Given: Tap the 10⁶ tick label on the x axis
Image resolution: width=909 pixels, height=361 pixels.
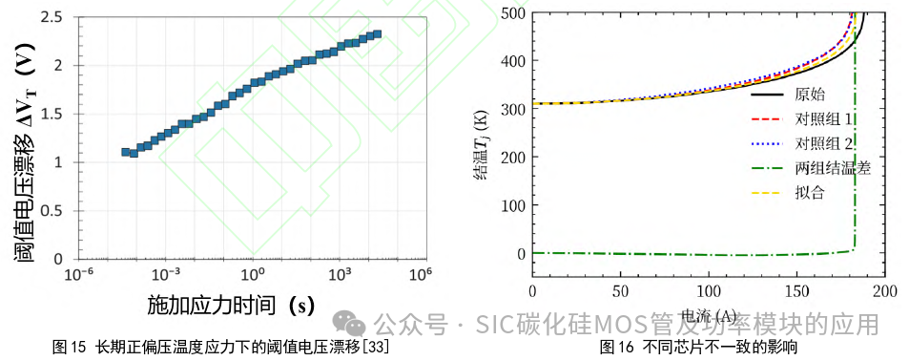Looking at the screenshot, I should point(418,274).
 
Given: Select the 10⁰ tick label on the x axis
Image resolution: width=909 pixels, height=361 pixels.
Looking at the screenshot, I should point(252,274).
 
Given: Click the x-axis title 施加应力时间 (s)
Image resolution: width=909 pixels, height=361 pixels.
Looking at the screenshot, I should point(231,306).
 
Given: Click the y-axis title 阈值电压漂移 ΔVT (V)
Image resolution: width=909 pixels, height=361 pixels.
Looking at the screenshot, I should point(28,138).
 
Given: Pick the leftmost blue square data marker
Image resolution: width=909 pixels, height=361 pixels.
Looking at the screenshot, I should point(126,152).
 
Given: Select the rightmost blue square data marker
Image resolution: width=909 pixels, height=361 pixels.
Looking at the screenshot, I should point(377,34).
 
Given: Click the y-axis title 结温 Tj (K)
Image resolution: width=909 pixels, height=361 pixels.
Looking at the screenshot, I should point(485,143).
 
